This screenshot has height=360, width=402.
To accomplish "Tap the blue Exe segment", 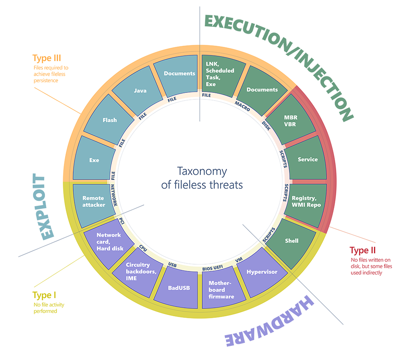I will tap(94, 160).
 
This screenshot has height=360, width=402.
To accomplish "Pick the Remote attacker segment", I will tap(93, 201).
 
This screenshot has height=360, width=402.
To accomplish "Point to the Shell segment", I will tap(291, 241).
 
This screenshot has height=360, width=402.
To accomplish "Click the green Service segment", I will tap(308, 159).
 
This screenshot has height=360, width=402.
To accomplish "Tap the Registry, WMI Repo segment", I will tap(306, 201).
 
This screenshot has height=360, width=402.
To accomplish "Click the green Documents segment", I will tap(262, 90).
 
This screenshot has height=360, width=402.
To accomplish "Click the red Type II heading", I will tap(362, 251).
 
